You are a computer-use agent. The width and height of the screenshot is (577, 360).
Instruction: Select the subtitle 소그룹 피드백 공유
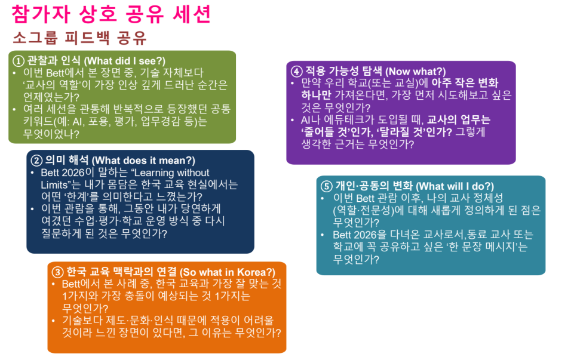pyautogui.click(x=79, y=38)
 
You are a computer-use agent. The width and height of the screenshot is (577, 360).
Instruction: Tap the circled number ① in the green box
pyautogui.click(x=19, y=61)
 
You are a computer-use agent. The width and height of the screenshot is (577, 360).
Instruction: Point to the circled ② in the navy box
pyautogui.click(x=37, y=161)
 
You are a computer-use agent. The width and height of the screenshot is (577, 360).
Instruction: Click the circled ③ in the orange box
pyautogui.click(x=57, y=271)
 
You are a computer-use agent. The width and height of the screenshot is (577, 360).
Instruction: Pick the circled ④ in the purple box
pyautogui.click(x=296, y=70)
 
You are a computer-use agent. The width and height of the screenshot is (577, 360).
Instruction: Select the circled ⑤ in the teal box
pyautogui.click(x=326, y=185)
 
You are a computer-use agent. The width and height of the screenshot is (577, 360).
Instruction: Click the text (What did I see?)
pyautogui.click(x=124, y=61)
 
